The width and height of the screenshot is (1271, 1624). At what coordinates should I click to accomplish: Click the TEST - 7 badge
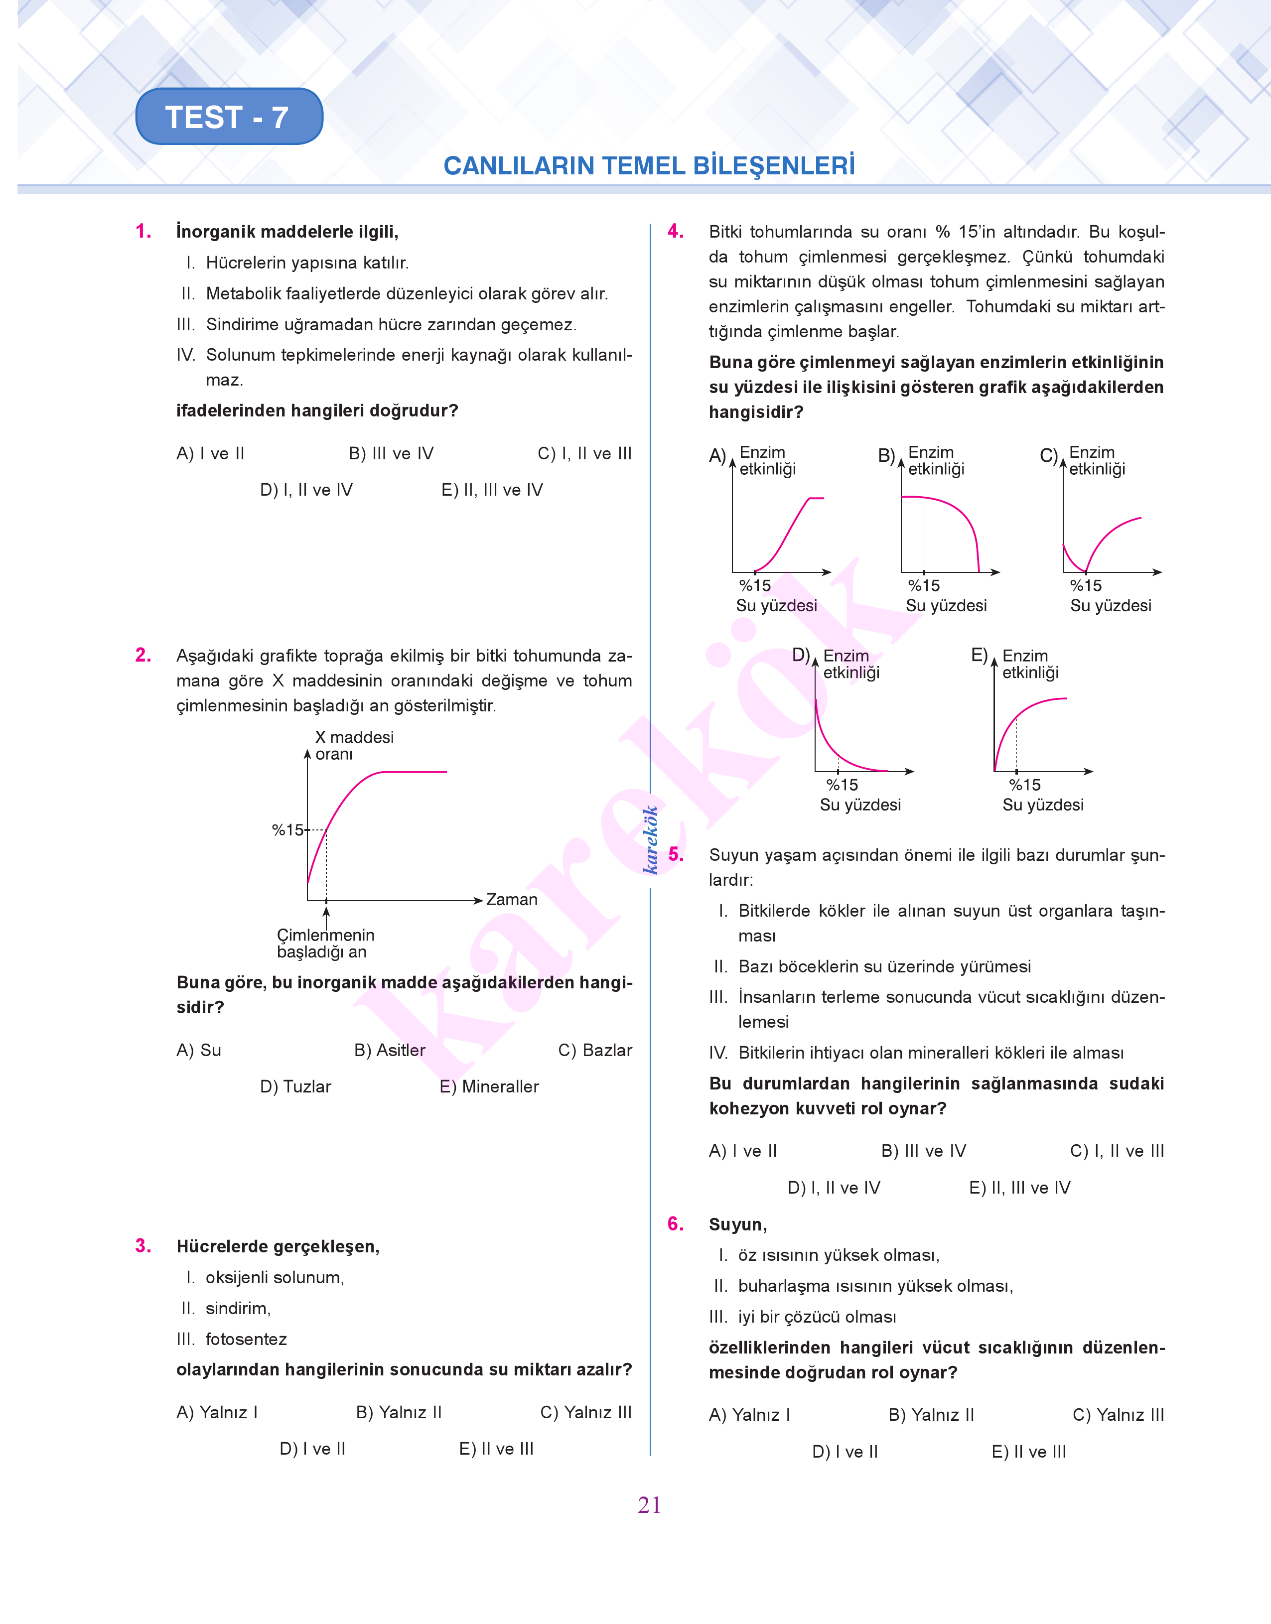click(x=229, y=117)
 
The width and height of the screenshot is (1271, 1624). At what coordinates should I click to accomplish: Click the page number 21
click(x=649, y=1505)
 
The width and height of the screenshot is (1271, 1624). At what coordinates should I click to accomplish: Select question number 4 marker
click(x=675, y=231)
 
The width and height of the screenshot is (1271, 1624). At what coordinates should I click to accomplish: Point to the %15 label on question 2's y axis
click(x=287, y=829)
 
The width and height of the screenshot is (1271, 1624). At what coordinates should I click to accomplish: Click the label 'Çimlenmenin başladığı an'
click(x=325, y=944)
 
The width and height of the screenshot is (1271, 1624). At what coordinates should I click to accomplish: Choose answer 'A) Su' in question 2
click(x=199, y=1051)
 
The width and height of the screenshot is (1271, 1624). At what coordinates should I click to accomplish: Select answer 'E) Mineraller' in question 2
click(x=489, y=1087)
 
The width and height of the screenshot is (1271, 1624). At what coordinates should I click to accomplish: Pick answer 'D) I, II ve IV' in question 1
click(x=306, y=490)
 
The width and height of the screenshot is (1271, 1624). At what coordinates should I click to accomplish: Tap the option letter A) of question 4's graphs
click(x=717, y=455)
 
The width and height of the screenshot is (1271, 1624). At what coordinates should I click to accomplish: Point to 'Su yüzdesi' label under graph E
click(x=1042, y=805)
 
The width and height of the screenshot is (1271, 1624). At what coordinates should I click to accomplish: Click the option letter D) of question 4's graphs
click(x=801, y=655)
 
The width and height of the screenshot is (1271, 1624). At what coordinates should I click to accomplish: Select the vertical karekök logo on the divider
click(x=650, y=839)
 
